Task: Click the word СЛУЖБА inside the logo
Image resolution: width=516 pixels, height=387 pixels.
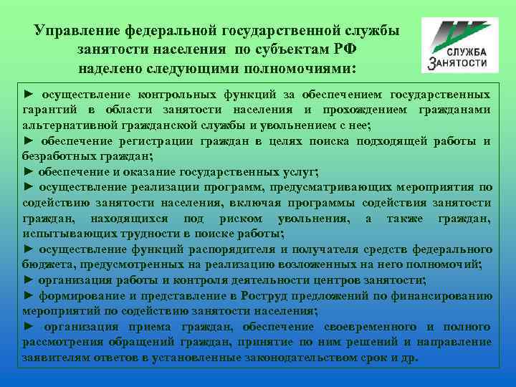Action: (x=467, y=52)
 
